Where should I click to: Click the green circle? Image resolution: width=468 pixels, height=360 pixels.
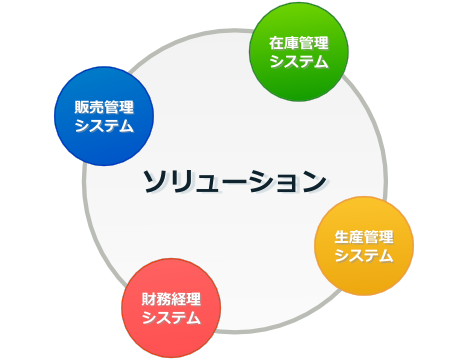coord(298,52)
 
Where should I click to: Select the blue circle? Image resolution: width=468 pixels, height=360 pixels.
coord(104,115)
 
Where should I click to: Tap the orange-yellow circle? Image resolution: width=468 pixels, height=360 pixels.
coord(364,245)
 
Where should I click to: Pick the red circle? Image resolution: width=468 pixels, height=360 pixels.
coord(171,308)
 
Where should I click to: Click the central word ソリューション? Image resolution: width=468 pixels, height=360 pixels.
coord(234,181)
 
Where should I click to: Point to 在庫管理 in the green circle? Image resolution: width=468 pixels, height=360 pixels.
coord(298,43)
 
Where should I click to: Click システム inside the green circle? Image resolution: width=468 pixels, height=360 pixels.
coord(298,62)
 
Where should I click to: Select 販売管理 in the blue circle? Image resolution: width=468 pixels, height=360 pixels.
coord(104,106)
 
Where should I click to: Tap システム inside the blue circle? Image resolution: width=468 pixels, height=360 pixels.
coord(104,126)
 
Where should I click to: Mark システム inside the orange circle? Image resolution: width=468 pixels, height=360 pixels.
coord(364,255)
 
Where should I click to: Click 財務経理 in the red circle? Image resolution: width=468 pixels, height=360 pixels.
coord(171,299)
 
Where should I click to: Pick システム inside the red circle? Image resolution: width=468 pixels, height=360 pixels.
coord(171,318)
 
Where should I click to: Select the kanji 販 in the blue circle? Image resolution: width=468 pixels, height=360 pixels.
coord(82,106)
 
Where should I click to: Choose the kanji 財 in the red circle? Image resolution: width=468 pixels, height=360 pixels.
coord(149,299)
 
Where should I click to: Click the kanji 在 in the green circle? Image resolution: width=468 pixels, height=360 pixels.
coord(276,43)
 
